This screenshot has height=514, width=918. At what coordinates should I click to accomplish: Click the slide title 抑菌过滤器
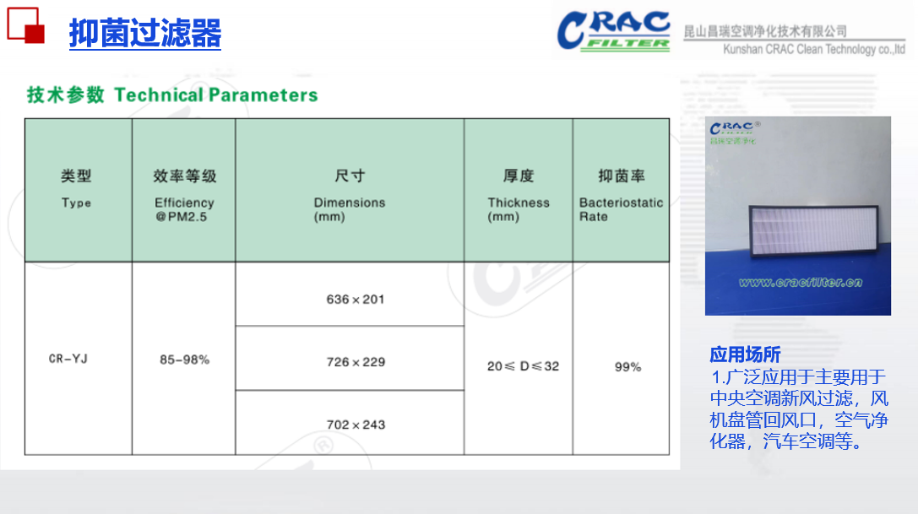[145, 33]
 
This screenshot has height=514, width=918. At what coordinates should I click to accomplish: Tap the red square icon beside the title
[26, 25]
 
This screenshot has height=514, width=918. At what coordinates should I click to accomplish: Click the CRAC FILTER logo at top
[614, 31]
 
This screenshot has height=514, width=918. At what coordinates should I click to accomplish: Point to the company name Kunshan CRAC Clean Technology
[814, 49]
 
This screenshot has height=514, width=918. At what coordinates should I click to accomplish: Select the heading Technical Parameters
[216, 95]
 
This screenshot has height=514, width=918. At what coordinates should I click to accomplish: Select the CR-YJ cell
[68, 358]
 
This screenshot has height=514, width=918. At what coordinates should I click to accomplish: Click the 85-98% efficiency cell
[184, 360]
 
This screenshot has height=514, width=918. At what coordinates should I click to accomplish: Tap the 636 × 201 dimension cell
[356, 299]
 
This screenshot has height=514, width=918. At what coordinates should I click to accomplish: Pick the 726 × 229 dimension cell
[356, 362]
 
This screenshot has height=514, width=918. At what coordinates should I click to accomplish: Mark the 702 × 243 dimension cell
[356, 425]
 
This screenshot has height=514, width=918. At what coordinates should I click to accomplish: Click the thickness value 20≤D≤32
[523, 366]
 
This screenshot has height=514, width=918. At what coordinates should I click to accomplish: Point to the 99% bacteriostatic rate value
[627, 367]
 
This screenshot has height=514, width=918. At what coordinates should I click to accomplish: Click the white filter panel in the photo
[814, 230]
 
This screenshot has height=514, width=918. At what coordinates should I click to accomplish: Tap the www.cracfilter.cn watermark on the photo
[801, 282]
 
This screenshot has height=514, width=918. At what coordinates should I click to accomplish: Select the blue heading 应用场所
[745, 354]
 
